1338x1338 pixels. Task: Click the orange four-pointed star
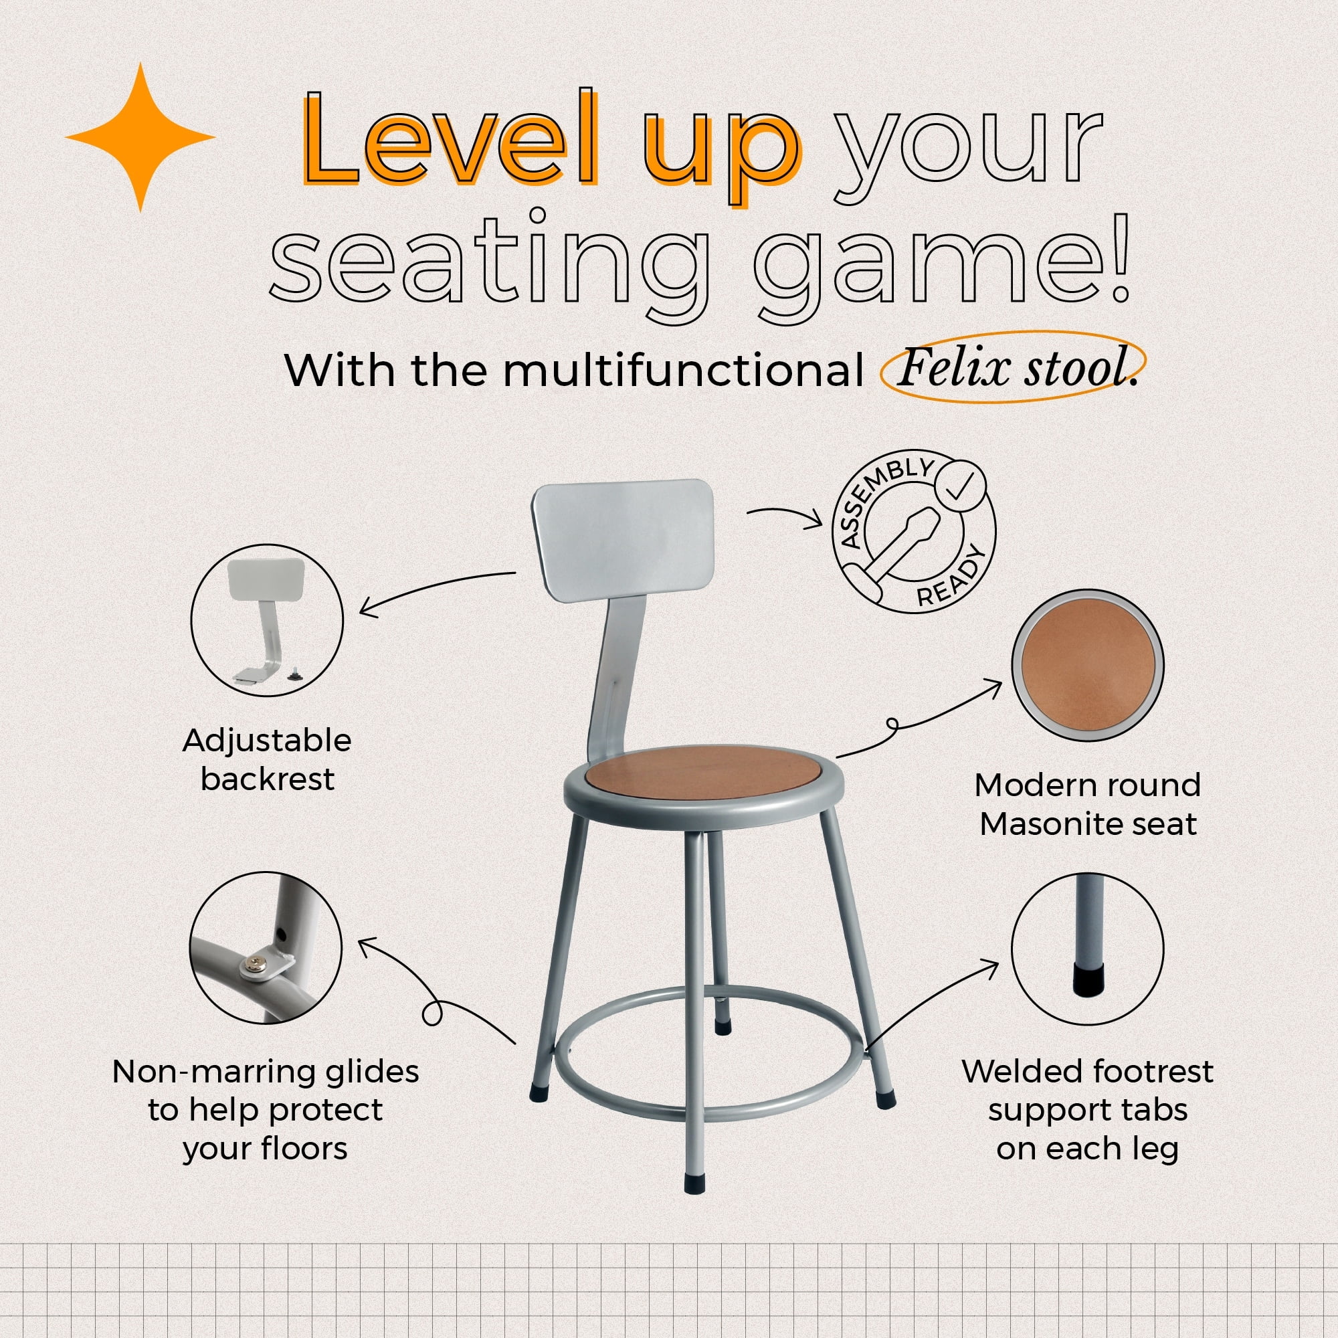tap(140, 137)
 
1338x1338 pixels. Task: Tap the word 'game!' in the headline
tap(943, 267)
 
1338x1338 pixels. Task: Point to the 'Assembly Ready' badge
tap(914, 533)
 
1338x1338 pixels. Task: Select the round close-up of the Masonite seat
tap(1087, 666)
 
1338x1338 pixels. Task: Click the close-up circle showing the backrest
tap(267, 621)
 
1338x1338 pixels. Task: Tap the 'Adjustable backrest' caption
tap(268, 760)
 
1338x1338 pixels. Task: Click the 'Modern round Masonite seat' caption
tap(1087, 804)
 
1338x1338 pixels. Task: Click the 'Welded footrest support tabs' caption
tap(1087, 1109)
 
